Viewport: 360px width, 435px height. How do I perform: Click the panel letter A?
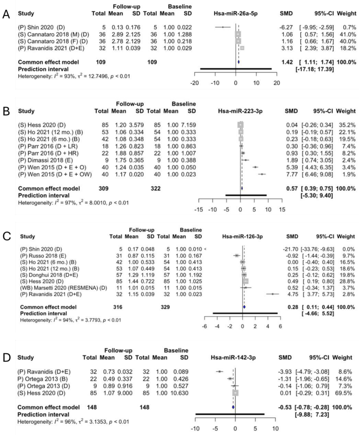click(6, 14)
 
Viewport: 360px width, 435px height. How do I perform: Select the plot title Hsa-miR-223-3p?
click(240, 111)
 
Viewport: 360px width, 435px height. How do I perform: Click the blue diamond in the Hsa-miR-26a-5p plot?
click(238, 62)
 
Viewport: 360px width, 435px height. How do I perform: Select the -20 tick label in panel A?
click(195, 83)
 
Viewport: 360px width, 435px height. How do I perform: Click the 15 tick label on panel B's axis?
click(282, 210)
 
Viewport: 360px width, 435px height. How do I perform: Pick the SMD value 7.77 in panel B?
click(291, 174)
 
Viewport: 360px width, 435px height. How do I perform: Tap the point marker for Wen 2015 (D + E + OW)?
click(262, 174)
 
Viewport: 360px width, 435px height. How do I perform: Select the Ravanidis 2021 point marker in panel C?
click(273, 294)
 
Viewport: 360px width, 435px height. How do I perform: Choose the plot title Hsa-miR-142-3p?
click(233, 358)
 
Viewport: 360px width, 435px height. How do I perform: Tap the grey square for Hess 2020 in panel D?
click(235, 393)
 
